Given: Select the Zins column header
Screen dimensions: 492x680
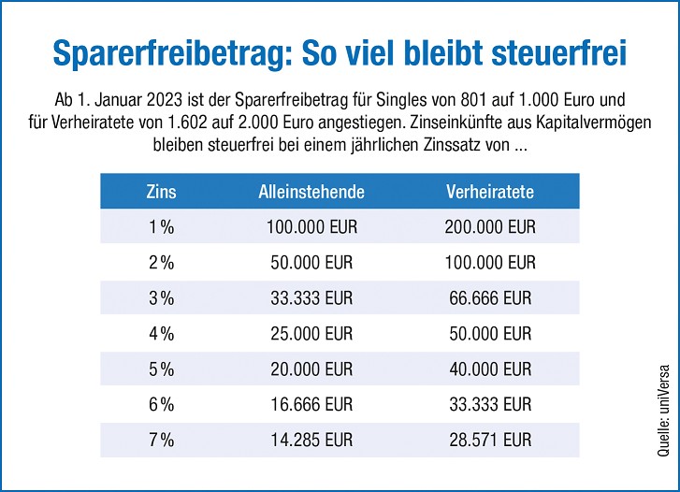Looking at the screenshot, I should tap(162, 193).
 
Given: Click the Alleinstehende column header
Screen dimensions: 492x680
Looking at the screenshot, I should tap(311, 193).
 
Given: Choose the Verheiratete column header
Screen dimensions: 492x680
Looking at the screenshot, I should tap(490, 193).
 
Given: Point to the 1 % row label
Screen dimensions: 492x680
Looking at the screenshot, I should tap(162, 227).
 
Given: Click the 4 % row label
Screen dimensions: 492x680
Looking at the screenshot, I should tap(162, 334).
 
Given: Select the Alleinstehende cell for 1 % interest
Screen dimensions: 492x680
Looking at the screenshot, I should tap(311, 227).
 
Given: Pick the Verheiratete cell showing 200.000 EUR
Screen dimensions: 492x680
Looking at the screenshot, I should tap(490, 227).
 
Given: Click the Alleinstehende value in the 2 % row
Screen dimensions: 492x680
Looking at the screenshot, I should tap(311, 263).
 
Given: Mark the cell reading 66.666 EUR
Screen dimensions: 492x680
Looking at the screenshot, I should tap(490, 298).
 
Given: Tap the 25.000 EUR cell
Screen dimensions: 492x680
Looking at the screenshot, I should tap(311, 334).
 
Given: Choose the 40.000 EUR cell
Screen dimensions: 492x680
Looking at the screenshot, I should tap(490, 369).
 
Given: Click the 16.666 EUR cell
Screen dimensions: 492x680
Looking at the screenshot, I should tap(311, 405).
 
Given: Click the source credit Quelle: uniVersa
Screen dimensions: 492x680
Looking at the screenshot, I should tap(664, 394).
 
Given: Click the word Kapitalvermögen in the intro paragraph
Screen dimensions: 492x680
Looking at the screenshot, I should tap(582, 123).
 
